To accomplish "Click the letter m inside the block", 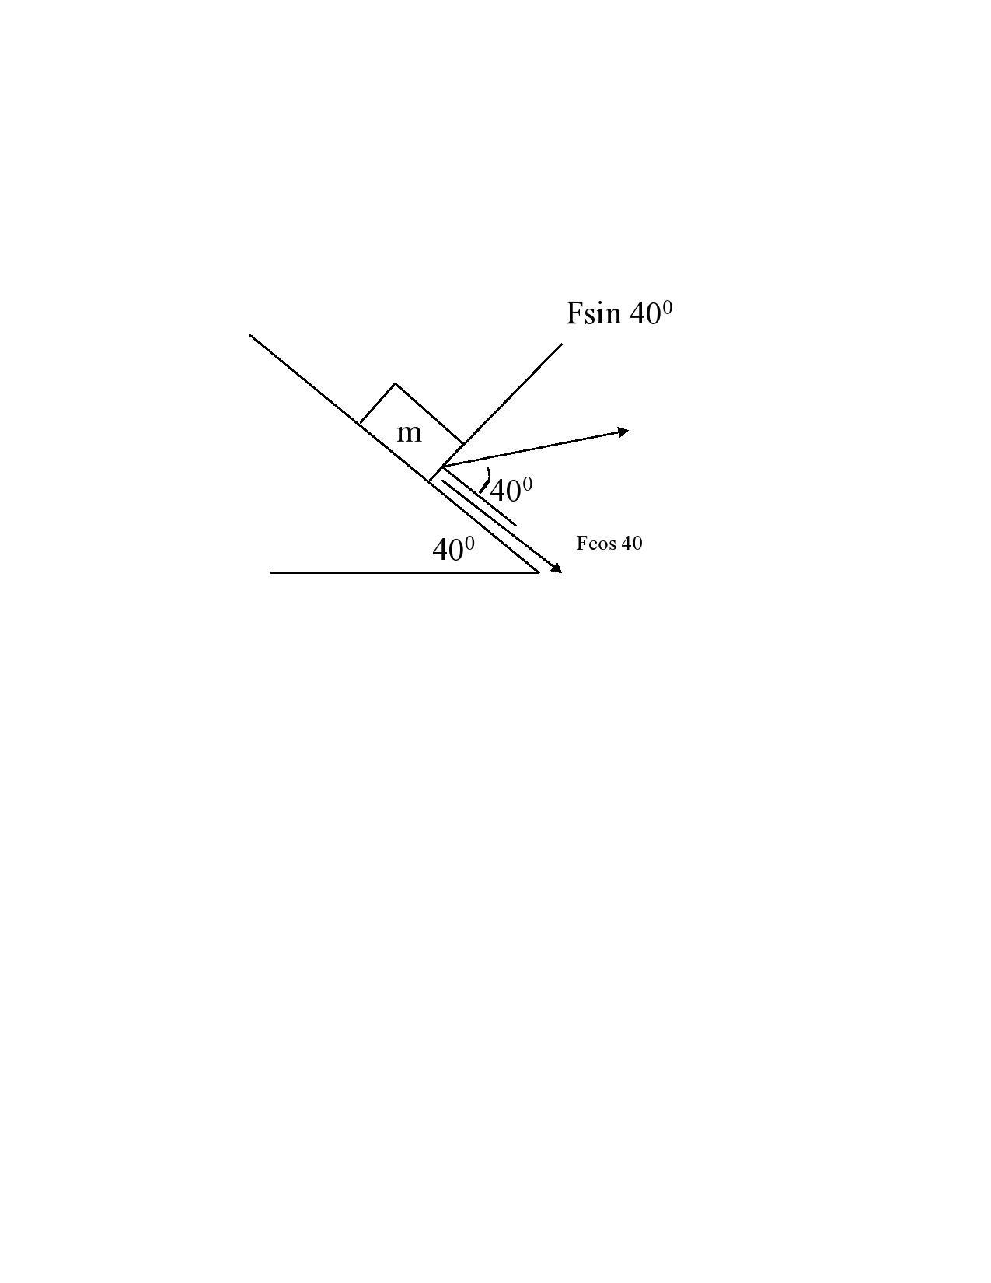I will pyautogui.click(x=409, y=433).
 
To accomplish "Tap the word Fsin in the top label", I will pyautogui.click(x=594, y=313).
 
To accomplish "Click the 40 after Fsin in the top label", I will pyautogui.click(x=644, y=314).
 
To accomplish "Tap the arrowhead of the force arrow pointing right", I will pyautogui.click(x=623, y=431).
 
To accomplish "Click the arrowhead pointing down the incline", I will pyautogui.click(x=557, y=569).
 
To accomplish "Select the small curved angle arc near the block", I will pyautogui.click(x=486, y=480).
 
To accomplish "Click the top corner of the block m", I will pyautogui.click(x=395, y=383).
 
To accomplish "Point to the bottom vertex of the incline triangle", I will pyautogui.click(x=539, y=572).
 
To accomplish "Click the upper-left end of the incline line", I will pyautogui.click(x=250, y=335).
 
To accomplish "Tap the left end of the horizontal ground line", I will pyautogui.click(x=271, y=572).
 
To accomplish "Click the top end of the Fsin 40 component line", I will pyautogui.click(x=561, y=344).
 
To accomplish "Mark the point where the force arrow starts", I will pyautogui.click(x=442, y=467).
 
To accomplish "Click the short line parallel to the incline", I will pyautogui.click(x=480, y=503).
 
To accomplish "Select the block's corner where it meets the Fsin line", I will pyautogui.click(x=464, y=444).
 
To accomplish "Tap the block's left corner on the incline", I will pyautogui.click(x=360, y=423).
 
